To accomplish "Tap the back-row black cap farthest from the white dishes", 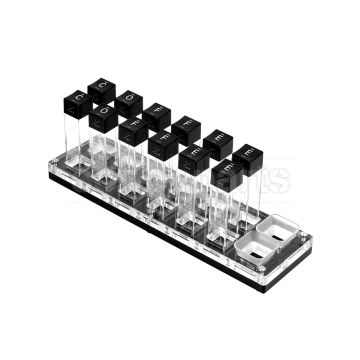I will pyautogui.click(x=100, y=89).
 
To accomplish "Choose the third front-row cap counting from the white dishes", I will pyautogui.click(x=162, y=144).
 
